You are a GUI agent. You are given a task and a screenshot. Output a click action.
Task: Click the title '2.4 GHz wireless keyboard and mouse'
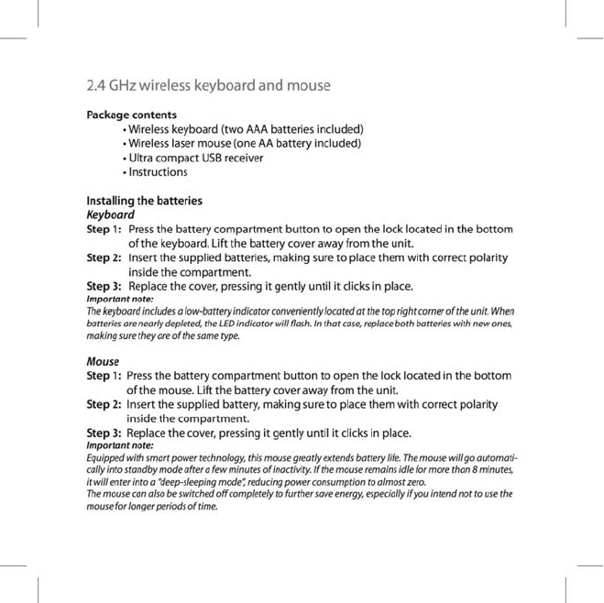(x=207, y=87)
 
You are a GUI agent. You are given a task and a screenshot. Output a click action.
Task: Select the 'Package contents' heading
(x=131, y=115)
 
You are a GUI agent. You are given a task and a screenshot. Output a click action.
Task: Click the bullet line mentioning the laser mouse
(x=244, y=143)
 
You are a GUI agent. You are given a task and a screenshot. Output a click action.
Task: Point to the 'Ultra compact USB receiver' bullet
(x=195, y=158)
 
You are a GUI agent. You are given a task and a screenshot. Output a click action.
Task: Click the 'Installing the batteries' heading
(x=144, y=200)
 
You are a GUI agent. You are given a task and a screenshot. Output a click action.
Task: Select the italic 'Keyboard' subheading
(x=110, y=214)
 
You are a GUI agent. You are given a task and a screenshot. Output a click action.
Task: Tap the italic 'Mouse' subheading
(x=103, y=362)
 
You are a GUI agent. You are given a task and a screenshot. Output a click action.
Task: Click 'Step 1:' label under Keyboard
(x=104, y=228)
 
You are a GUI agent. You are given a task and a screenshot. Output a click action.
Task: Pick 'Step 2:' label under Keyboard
(x=104, y=258)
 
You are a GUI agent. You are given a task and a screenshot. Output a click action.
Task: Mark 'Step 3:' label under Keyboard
(x=104, y=286)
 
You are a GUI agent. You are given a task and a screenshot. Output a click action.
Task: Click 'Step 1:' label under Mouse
(x=104, y=376)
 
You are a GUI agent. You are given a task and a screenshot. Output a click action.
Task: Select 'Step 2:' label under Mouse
(x=104, y=404)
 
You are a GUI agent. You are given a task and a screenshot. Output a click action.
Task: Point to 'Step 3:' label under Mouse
(x=104, y=433)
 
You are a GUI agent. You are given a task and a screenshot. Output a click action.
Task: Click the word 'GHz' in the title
(x=126, y=87)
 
